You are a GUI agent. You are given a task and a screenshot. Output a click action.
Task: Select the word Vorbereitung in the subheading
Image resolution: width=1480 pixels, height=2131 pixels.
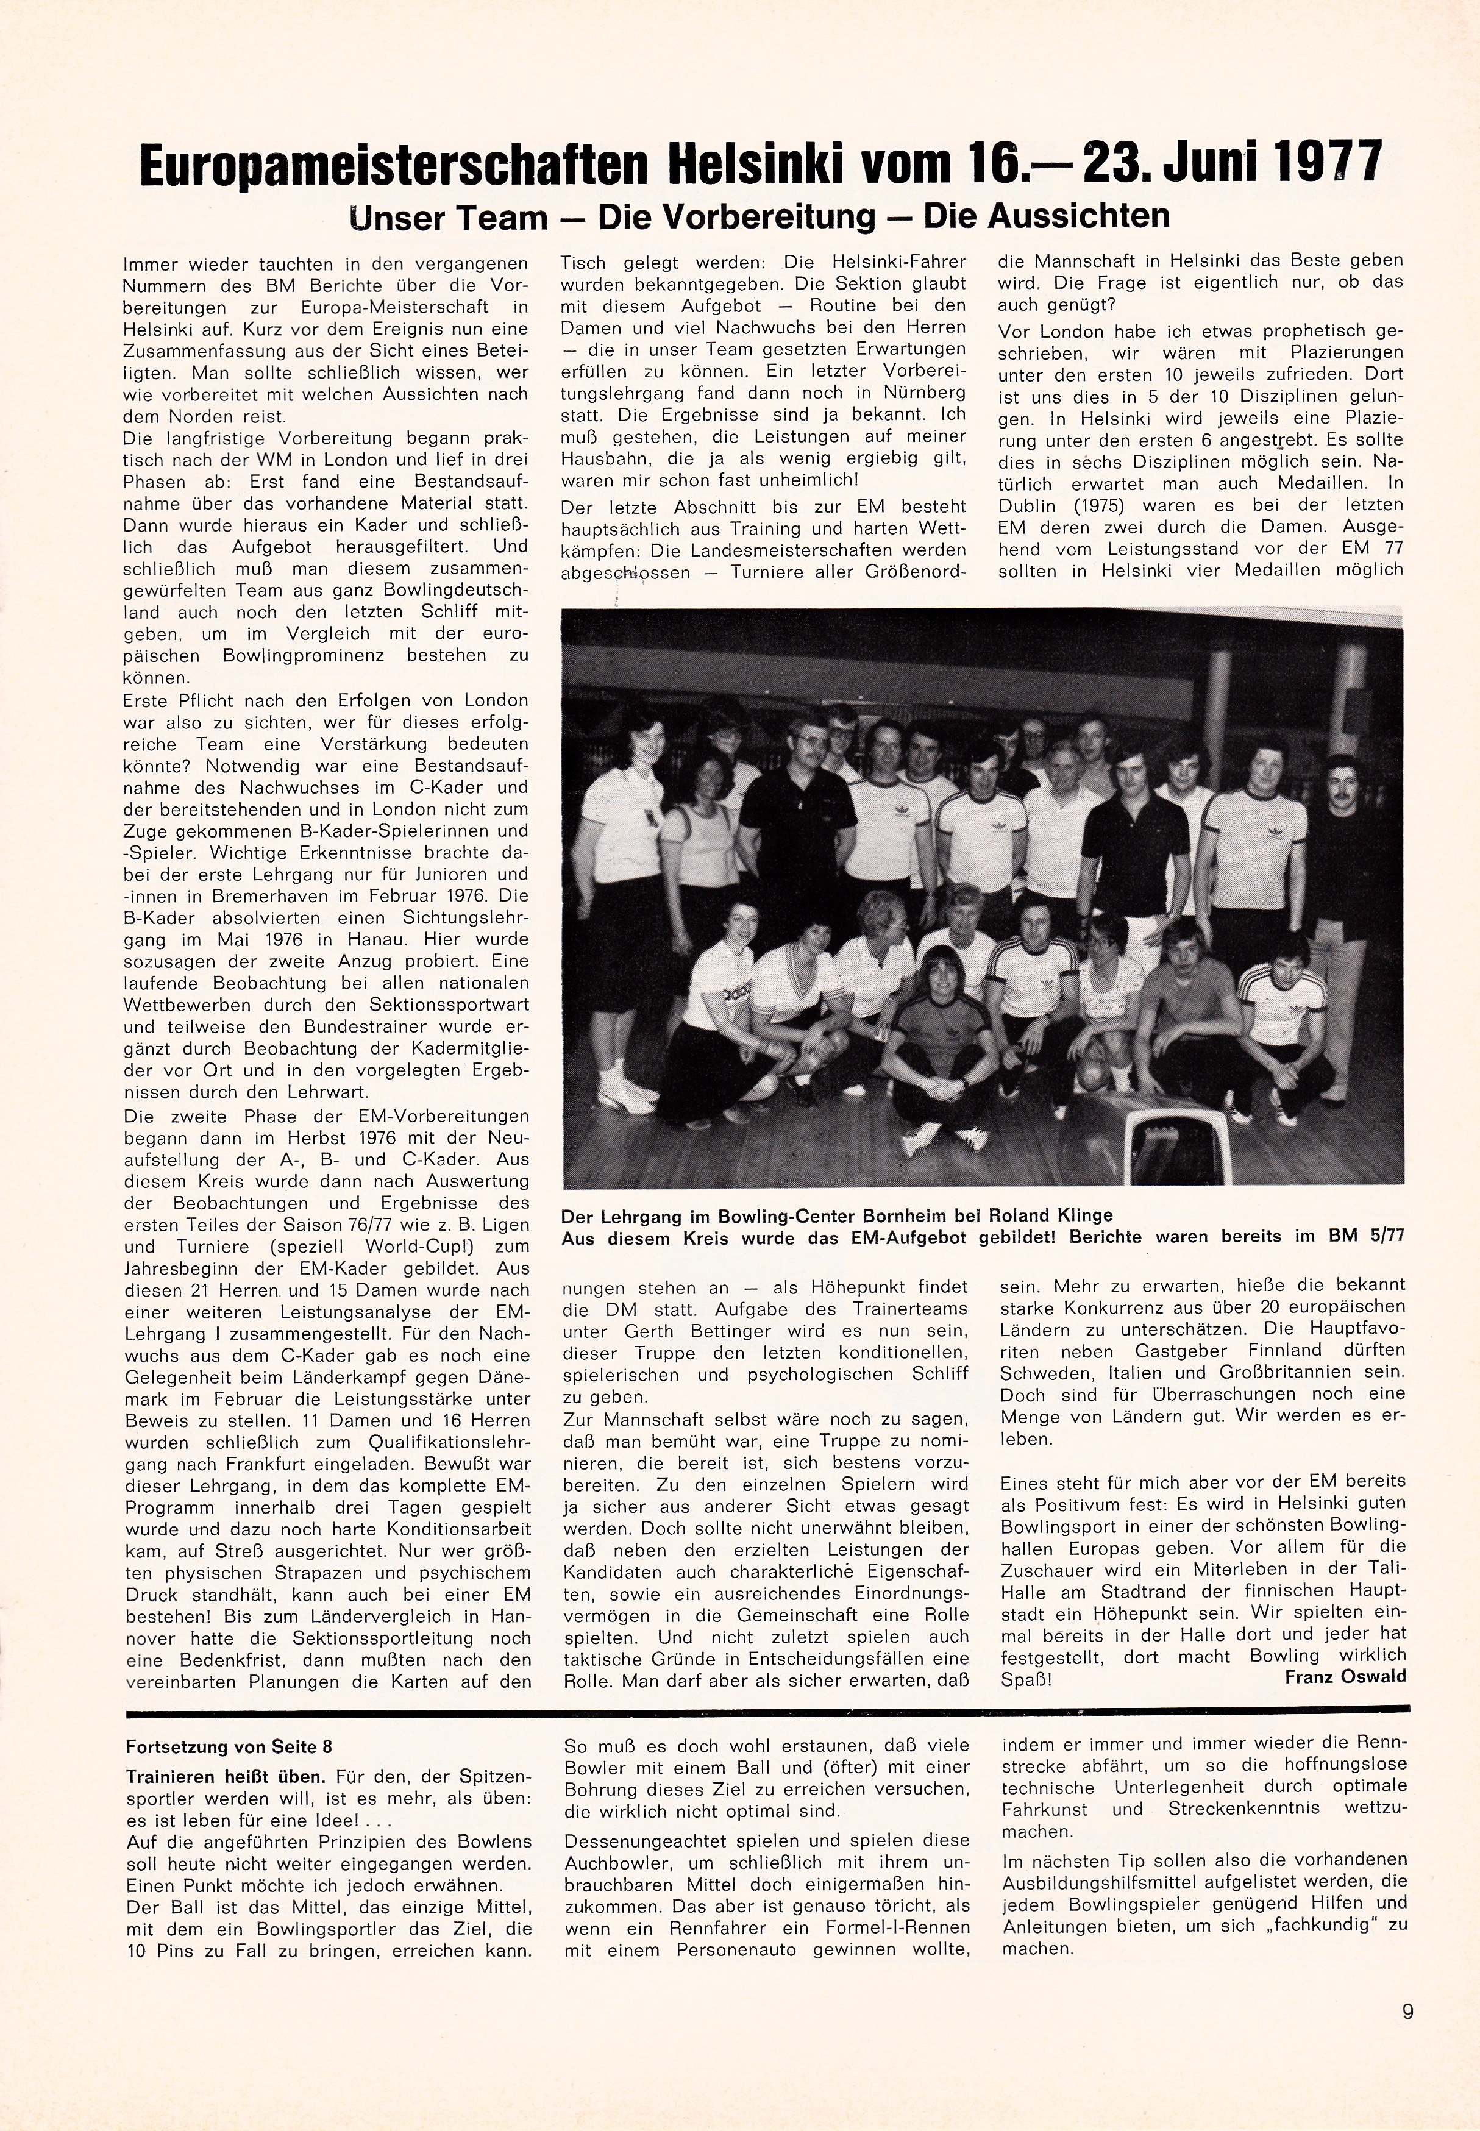pos(736,216)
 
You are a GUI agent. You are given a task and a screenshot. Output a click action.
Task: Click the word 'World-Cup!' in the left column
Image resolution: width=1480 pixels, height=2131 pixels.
pos(400,1247)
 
